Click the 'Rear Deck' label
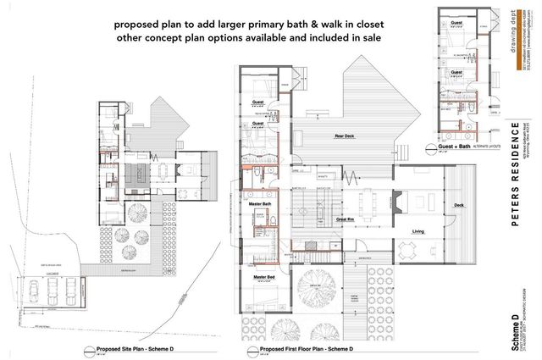coord(319,136)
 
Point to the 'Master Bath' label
coord(259,204)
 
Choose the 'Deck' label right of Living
coord(458,204)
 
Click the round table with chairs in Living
coord(409,250)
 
